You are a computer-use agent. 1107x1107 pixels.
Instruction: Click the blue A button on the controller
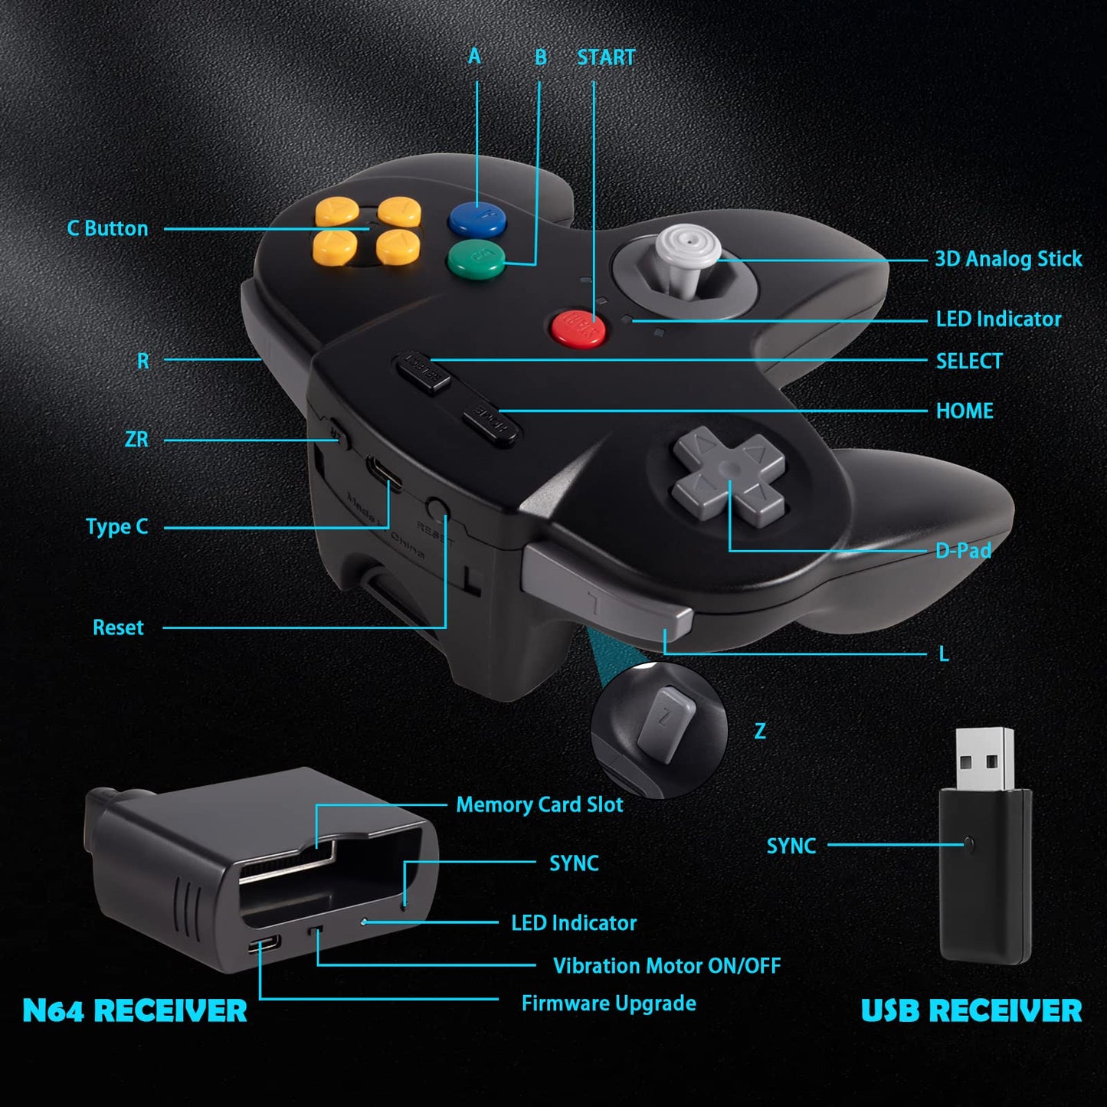click(x=477, y=219)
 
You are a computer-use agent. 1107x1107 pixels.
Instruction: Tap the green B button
click(x=476, y=259)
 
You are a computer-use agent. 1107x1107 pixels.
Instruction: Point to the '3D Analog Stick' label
click(x=1007, y=259)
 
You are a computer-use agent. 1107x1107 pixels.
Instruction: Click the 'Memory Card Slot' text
click(x=539, y=804)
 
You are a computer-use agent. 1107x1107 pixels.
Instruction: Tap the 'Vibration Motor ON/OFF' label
click(x=666, y=965)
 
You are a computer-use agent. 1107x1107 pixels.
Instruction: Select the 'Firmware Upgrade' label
click(x=608, y=1003)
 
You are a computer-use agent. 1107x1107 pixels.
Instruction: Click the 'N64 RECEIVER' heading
click(x=135, y=1010)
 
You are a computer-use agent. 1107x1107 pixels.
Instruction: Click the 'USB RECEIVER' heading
click(x=971, y=1010)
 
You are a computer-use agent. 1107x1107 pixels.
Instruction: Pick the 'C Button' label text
click(x=107, y=228)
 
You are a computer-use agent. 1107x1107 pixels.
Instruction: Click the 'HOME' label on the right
click(x=964, y=411)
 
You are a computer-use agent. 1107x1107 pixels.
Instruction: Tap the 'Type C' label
click(x=116, y=527)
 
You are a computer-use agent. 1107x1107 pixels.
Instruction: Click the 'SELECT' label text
click(x=968, y=361)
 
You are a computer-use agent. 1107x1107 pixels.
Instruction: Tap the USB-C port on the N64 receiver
click(x=264, y=945)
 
